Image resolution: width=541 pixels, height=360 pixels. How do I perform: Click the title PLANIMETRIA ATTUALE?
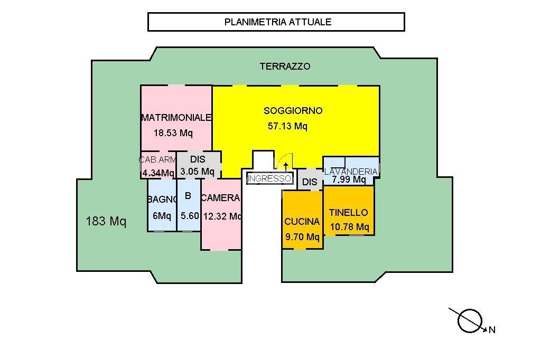(x=278, y=22)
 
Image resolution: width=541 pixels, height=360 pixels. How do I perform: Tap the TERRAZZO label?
(x=285, y=67)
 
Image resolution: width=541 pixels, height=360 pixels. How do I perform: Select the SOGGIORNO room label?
(x=293, y=111)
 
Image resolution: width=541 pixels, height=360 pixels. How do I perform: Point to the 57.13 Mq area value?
(x=286, y=126)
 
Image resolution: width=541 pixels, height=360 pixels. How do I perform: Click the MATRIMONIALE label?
(x=176, y=118)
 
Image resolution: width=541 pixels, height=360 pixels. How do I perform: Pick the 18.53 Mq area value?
(x=173, y=133)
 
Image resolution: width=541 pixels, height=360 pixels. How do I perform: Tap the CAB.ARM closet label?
(x=157, y=159)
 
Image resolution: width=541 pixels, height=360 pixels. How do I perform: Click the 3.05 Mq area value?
(x=197, y=172)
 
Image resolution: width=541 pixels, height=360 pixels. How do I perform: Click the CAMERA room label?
(x=221, y=198)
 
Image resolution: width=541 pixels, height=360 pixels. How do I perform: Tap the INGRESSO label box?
(x=269, y=178)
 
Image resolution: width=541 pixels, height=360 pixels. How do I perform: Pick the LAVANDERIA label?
(x=351, y=172)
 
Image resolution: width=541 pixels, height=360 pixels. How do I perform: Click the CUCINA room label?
(x=302, y=222)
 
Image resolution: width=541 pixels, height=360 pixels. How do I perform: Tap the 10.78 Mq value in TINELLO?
(x=349, y=227)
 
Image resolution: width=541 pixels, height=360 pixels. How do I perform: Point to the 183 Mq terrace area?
(x=106, y=221)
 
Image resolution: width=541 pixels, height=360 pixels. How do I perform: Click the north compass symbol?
(x=470, y=320)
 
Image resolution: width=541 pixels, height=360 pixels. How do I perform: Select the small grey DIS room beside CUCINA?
(x=310, y=182)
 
